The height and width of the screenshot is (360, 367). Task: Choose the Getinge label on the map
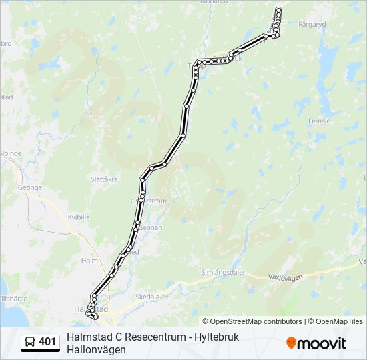click(x=30, y=187)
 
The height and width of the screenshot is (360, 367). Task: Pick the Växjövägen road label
click(x=285, y=276)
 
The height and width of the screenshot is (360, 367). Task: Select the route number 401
click(x=48, y=342)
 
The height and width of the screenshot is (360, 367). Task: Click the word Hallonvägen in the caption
click(x=96, y=349)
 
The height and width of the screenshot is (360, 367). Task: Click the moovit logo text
click(x=322, y=343)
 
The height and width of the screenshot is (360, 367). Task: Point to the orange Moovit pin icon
click(x=292, y=343)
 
